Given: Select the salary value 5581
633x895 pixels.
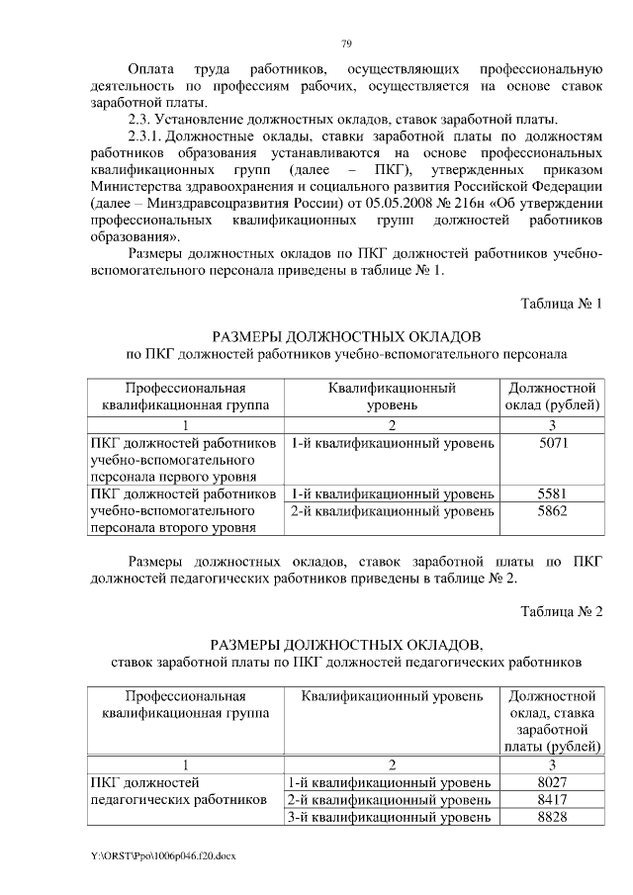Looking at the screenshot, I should point(554,492).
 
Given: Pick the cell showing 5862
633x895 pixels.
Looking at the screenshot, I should point(554,511).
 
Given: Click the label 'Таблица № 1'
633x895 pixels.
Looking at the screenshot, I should point(561,303).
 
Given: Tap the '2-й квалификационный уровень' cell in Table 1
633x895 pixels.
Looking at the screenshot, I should point(391,511).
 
